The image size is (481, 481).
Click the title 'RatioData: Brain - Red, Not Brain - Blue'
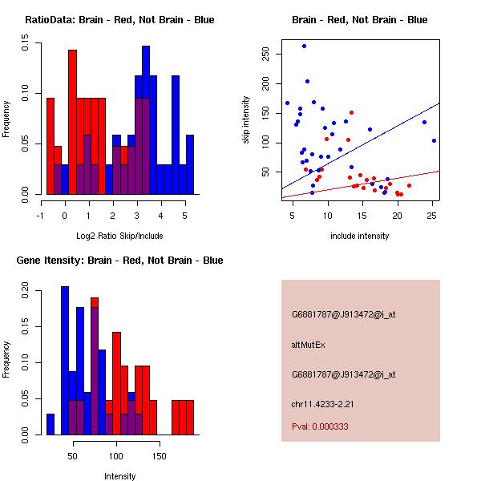pos(119,20)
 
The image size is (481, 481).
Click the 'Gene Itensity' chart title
pos(119,261)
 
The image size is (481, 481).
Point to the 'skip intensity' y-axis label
pos(246,120)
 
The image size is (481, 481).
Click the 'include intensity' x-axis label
pos(360,236)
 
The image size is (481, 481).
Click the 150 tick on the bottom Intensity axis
pos(160,455)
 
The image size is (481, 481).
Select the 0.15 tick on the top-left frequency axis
pos(26,46)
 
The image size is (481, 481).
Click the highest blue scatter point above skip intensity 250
pos(304,46)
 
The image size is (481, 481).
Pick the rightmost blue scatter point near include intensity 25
pos(434,140)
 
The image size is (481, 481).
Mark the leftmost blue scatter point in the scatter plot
pos(287,103)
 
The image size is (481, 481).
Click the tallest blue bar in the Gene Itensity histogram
pos(65,361)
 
